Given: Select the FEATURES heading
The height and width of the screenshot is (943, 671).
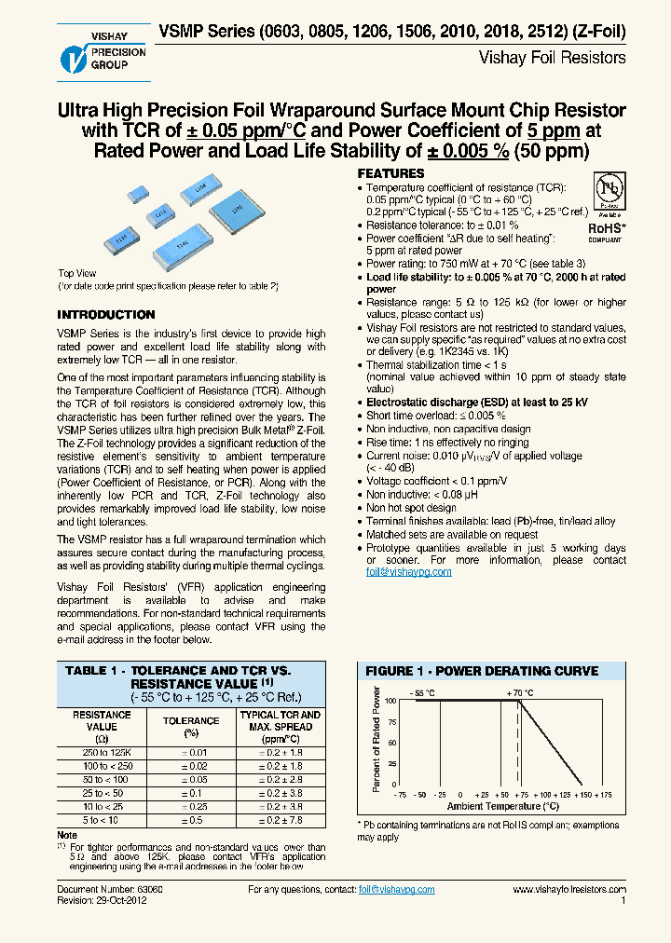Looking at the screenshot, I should tap(391, 174).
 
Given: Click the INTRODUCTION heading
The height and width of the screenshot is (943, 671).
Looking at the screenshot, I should tap(106, 315).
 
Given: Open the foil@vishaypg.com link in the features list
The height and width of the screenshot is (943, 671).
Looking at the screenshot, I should tap(408, 571).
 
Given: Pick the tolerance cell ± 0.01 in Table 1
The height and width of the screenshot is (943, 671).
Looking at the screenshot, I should tap(191, 752).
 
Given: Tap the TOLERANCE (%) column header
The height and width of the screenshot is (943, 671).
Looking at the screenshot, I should tap(191, 727).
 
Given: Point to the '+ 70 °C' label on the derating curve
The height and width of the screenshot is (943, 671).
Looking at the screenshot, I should tap(520, 692).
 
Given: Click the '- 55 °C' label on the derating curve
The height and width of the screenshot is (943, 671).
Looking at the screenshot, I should tap(423, 692).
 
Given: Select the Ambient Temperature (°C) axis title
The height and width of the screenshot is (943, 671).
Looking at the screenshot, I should tap(502, 806).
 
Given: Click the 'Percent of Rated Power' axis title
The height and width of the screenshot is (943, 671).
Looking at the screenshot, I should tap(376, 739).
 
